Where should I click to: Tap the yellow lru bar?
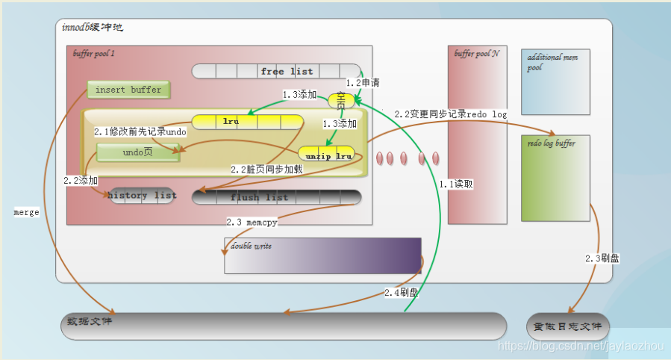[x=247, y=121]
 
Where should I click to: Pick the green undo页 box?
[x=137, y=152]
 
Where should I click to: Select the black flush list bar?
[x=276, y=197]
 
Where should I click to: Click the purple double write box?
[x=322, y=255]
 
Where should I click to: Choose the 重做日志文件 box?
[x=568, y=326]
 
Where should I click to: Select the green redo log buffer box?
[x=555, y=178]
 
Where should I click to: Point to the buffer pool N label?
[x=476, y=54]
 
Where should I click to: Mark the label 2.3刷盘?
[x=602, y=258]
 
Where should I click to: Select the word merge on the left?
[x=26, y=211]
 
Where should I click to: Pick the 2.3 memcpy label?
[x=252, y=222]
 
